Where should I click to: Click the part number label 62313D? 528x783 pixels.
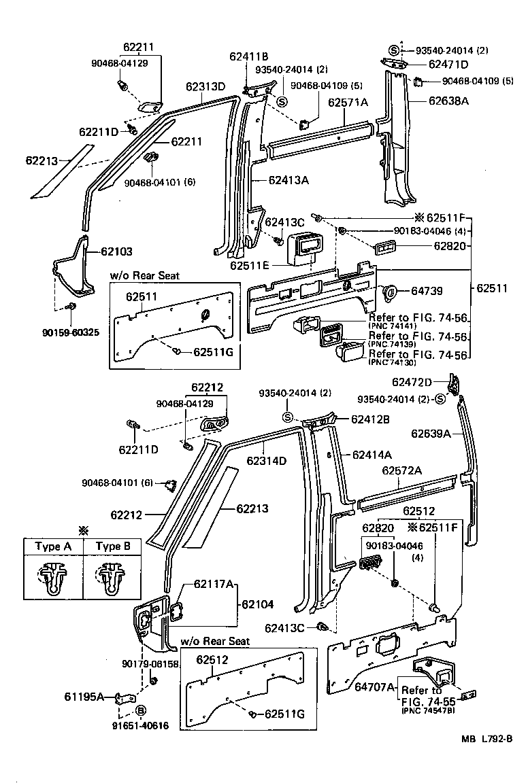205,86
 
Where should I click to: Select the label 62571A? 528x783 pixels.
348,103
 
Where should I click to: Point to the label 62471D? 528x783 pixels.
448,65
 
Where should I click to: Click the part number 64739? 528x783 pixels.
427,291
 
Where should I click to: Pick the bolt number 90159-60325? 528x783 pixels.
71,333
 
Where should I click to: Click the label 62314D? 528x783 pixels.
266,461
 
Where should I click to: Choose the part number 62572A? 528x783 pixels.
401,470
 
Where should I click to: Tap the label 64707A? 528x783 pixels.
374,687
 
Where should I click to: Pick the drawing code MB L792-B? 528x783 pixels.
486,759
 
